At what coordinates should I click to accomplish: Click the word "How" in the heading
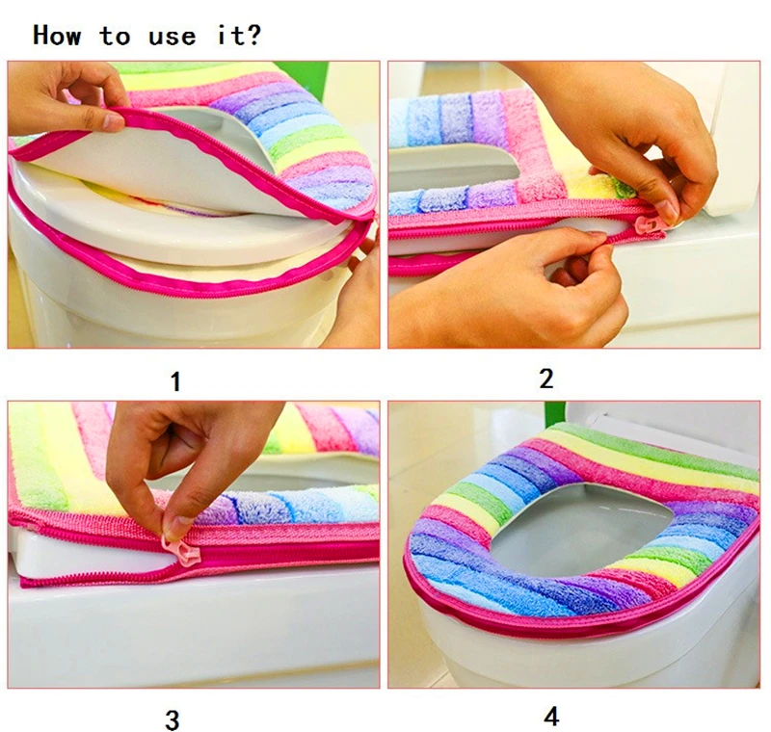coord(57,36)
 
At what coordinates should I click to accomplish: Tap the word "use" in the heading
coord(173,37)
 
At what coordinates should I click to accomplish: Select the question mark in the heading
coord(253,35)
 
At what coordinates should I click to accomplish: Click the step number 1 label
coord(175,381)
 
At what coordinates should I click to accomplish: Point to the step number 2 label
coord(546,379)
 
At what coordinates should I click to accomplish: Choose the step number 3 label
coord(173,719)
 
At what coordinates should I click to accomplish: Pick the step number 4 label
coord(551,717)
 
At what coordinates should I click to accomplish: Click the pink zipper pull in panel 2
coord(645,225)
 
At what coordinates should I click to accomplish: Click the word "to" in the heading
coord(115,37)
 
